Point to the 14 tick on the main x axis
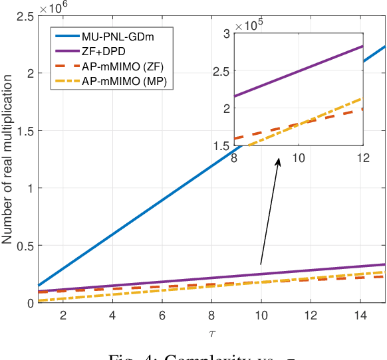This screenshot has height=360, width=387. click(x=361, y=314)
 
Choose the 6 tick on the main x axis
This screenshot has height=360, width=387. click(x=162, y=314)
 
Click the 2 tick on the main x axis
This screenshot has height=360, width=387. click(x=63, y=314)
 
